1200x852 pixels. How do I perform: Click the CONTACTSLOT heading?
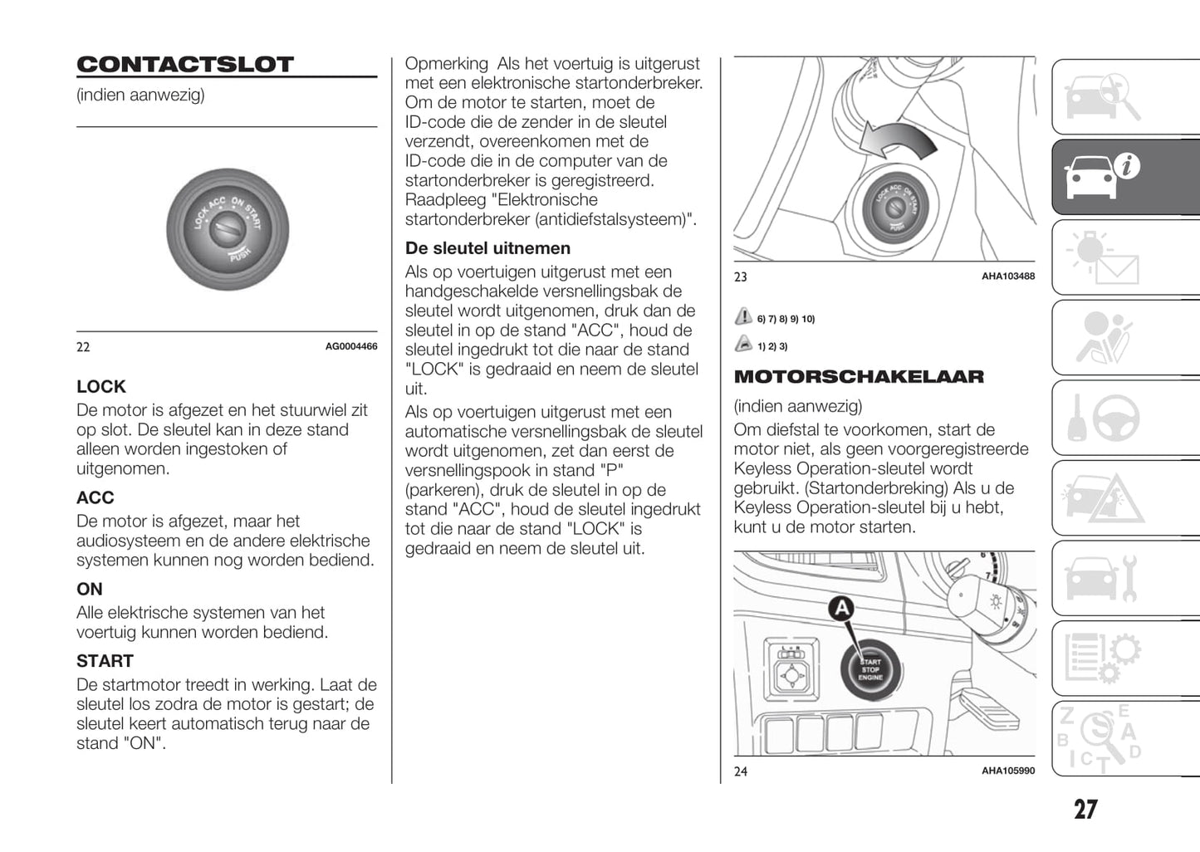tap(185, 65)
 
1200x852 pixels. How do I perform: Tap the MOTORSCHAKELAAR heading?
tap(859, 377)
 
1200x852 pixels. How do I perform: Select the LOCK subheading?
tap(101, 386)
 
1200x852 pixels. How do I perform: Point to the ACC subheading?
tap(96, 497)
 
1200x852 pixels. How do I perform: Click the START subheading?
tap(105, 661)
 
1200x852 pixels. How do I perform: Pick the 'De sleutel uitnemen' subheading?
tap(487, 248)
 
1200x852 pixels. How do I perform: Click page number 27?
tap(1085, 810)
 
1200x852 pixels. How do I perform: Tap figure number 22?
tap(83, 347)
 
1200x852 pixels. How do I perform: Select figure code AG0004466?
tap(350, 346)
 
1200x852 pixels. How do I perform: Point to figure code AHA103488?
tap(1008, 277)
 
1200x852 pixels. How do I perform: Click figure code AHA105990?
tap(1008, 771)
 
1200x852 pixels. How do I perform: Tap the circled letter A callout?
tap(842, 609)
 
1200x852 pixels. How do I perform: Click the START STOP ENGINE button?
tap(870, 668)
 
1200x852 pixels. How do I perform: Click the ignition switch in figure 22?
tap(227, 229)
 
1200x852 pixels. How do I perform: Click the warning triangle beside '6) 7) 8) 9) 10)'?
tap(743, 317)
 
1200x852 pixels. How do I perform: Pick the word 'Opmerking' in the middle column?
tap(447, 64)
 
